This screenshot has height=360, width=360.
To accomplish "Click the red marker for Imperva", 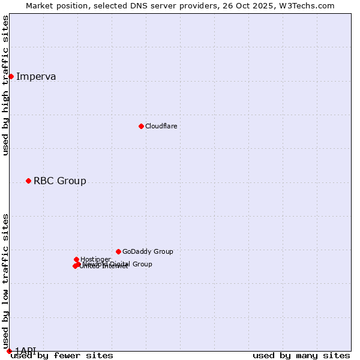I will [x=11, y=76].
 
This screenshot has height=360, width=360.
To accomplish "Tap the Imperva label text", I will [x=36, y=76].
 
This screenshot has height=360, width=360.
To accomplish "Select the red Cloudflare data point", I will [x=141, y=126].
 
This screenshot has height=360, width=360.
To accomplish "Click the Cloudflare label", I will [x=161, y=126].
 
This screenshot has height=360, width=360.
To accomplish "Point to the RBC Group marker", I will [x=28, y=181].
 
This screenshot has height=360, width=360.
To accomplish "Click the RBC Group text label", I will [x=59, y=181].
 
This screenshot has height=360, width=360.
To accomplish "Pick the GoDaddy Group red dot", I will [x=118, y=251].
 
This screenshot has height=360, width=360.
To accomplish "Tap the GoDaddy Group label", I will [x=148, y=251].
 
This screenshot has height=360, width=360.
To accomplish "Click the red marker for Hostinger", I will [x=76, y=259].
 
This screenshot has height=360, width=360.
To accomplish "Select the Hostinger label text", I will [x=95, y=259].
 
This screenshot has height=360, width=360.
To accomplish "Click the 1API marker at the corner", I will [x=9, y=351].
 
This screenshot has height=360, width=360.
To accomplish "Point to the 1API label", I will [x=25, y=350].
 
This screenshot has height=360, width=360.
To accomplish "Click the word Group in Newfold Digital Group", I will [x=142, y=264].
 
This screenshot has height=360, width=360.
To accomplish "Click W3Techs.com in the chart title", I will [x=310, y=5].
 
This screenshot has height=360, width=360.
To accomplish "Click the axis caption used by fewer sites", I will [x=62, y=356].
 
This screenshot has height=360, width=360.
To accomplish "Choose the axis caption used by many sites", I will [x=301, y=356].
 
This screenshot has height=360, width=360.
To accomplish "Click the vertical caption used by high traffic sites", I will [x=5, y=85].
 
